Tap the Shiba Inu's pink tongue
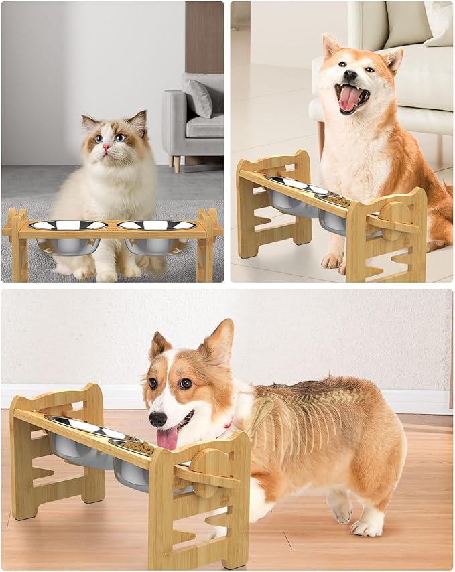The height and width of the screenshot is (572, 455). tap(348, 97)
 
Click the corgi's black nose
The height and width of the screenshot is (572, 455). tap(157, 419)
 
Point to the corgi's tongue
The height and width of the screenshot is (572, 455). tap(168, 438)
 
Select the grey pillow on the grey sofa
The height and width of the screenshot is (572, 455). tap(200, 97)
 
